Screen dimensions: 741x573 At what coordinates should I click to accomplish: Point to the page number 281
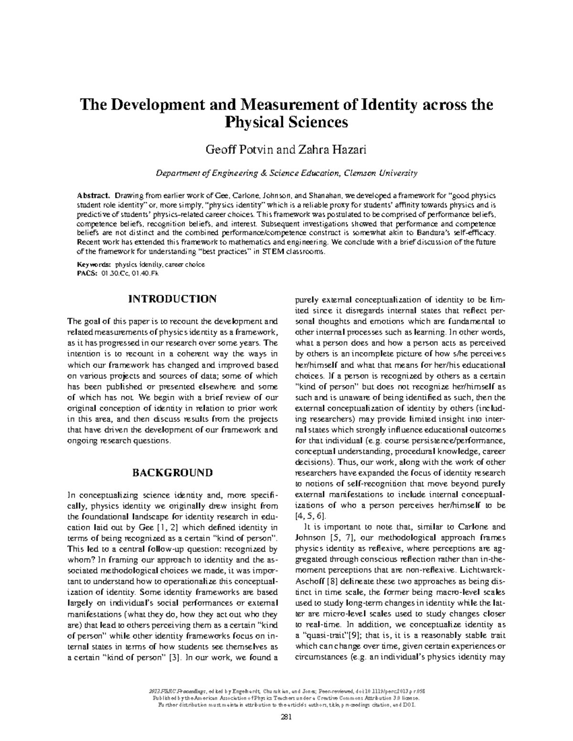[x=286, y=716]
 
